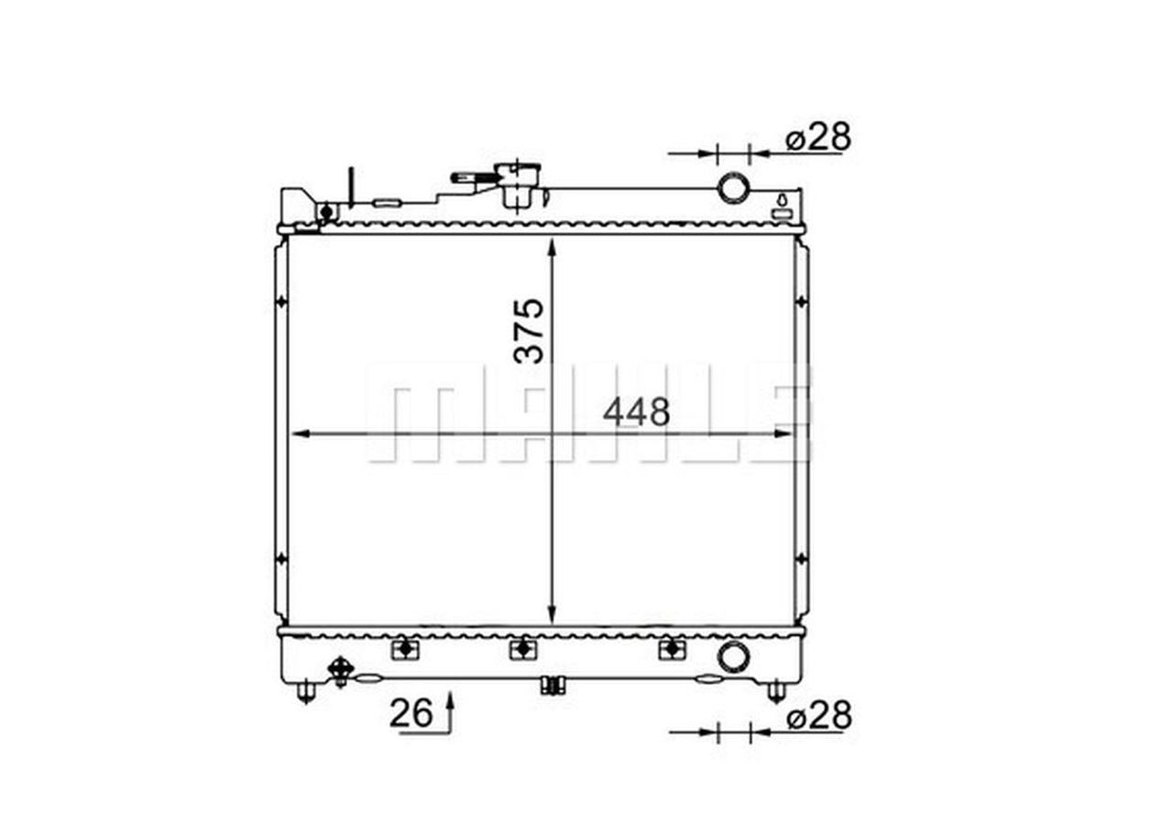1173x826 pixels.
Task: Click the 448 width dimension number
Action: tap(636, 413)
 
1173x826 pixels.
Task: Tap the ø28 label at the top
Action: tap(818, 138)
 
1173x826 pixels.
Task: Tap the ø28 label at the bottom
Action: tap(818, 716)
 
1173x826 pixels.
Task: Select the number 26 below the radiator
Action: tap(411, 714)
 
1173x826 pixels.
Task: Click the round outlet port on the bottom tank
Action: tap(733, 656)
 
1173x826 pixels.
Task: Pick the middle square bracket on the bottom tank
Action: tap(521, 649)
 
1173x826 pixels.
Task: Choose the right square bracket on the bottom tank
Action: tap(673, 649)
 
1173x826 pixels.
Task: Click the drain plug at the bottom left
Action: tap(341, 669)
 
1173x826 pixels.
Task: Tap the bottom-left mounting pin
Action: tap(307, 691)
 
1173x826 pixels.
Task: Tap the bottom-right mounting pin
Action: tap(776, 691)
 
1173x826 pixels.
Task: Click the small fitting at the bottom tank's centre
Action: tap(552, 685)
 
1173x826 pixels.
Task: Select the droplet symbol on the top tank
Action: tap(782, 201)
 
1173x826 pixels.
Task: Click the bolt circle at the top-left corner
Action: tap(324, 213)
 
